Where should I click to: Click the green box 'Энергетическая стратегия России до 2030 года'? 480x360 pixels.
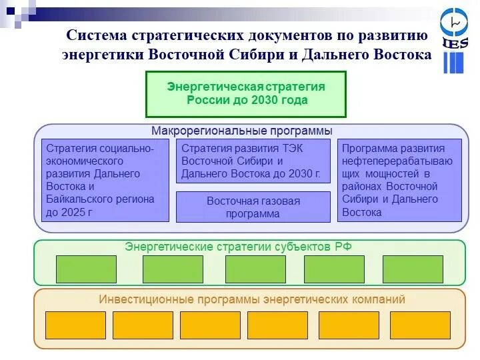[246, 94]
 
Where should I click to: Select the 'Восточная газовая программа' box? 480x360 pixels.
[253, 207]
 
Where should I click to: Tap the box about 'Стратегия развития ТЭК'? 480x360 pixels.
[253, 161]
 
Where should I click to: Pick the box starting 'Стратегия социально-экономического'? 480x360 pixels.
[105, 180]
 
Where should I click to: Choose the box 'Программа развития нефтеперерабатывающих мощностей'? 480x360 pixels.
[400, 180]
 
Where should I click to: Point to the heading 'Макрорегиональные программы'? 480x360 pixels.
[241, 131]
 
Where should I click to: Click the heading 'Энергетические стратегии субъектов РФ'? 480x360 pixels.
[239, 247]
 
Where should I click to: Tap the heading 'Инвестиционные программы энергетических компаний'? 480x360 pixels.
[252, 299]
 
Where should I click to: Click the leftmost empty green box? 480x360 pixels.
[86, 269]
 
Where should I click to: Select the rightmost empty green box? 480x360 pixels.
[413, 269]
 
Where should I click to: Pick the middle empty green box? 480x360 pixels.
[255, 269]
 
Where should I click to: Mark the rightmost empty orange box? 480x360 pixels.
[420, 325]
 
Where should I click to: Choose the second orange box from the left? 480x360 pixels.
[143, 325]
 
